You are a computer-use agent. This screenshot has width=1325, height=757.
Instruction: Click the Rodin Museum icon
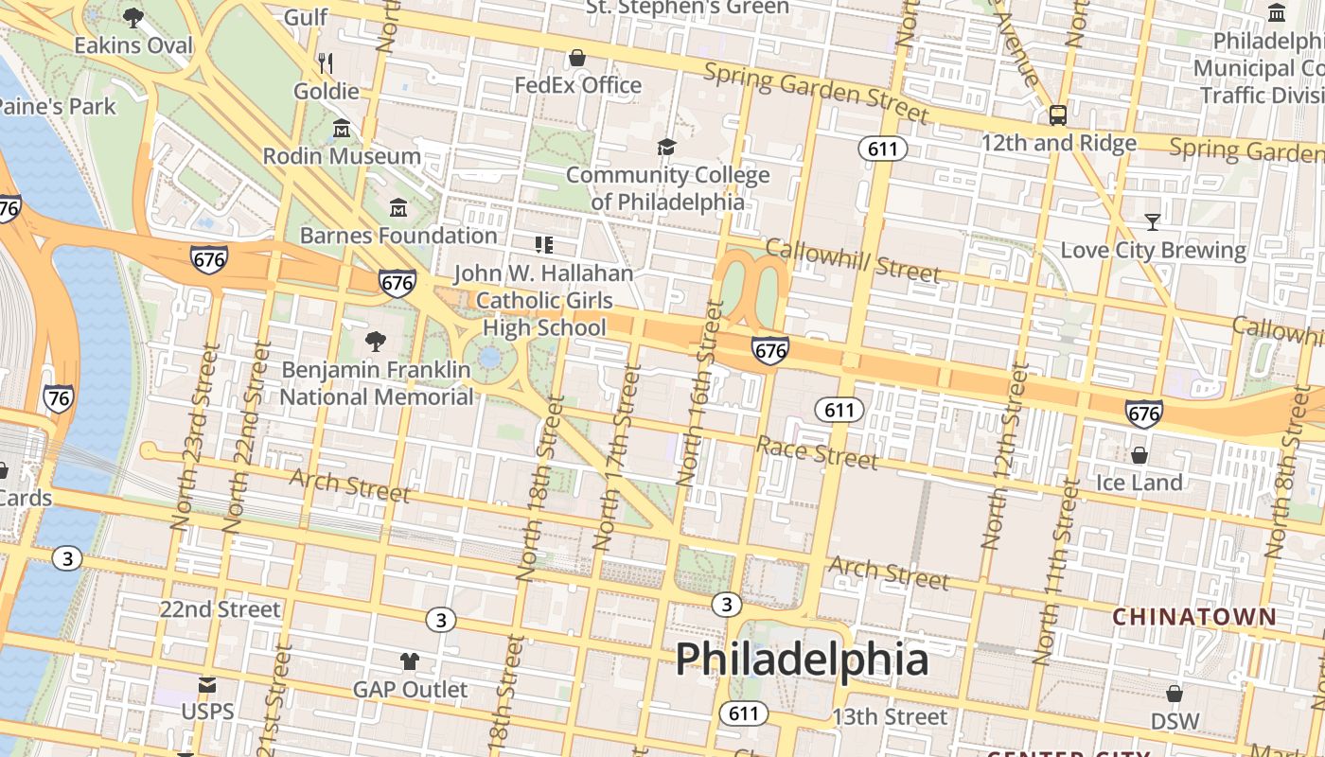[342, 128]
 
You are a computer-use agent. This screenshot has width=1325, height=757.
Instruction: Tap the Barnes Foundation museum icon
[398, 207]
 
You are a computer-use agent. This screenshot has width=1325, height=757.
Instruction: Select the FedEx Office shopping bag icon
[577, 58]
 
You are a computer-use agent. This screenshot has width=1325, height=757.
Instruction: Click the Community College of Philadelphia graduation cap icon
[667, 147]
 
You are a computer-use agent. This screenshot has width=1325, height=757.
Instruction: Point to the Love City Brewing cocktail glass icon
[1152, 222]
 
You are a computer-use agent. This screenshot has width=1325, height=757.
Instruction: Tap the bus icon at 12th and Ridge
[1058, 115]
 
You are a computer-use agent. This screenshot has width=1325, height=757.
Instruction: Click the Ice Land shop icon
[1139, 454]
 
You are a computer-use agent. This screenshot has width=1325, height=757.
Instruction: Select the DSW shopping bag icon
[1175, 694]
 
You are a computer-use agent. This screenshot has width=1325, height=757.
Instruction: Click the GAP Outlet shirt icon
[410, 660]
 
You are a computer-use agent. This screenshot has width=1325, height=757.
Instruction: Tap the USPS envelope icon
[206, 684]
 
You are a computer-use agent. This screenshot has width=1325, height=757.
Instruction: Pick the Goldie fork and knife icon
[326, 63]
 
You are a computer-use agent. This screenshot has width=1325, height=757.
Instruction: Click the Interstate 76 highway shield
[59, 398]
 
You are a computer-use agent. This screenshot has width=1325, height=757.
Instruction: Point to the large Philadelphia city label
[802, 659]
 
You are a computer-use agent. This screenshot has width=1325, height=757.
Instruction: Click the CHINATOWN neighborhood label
[1194, 617]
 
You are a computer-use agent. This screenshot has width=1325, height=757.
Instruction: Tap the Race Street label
[817, 452]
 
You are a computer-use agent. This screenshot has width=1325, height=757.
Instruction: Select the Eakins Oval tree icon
[133, 17]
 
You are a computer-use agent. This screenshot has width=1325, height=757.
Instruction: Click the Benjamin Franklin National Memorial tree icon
[376, 341]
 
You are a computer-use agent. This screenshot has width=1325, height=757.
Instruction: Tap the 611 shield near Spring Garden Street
[883, 149]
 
